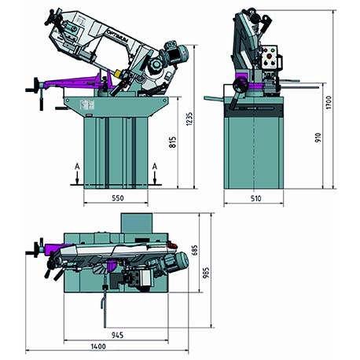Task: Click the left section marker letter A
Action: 75,167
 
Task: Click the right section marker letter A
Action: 156,167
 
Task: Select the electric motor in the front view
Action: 174,54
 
